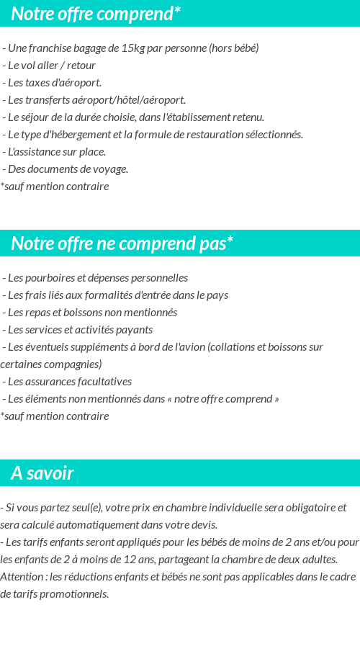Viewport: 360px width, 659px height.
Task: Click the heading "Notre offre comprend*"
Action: tap(96, 14)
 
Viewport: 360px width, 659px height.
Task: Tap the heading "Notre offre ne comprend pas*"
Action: tap(122, 243)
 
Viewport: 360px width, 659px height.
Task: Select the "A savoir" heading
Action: tap(42, 473)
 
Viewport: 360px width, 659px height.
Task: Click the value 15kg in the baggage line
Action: tap(133, 48)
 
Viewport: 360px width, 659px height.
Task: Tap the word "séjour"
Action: tap(37, 117)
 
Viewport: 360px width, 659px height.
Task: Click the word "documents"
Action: tap(52, 169)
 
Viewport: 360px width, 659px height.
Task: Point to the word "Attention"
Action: tap(23, 577)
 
